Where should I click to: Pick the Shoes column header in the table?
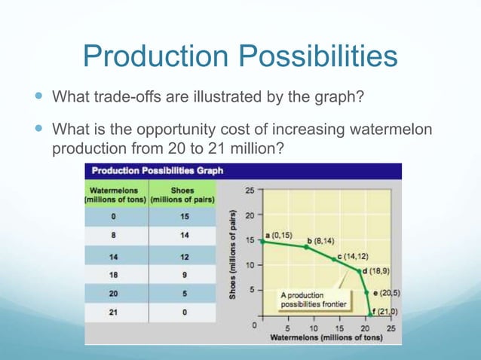click(182, 194)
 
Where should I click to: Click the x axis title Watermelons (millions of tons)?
click(326, 337)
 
